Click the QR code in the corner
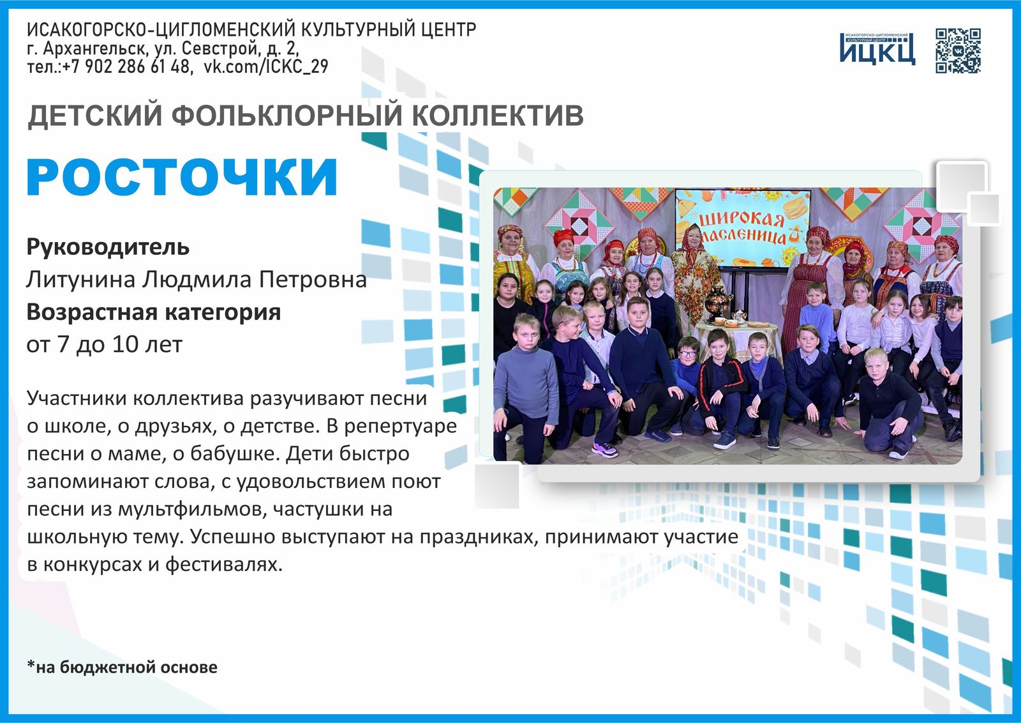[958, 50]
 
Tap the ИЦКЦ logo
[877, 49]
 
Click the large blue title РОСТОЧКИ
[182, 177]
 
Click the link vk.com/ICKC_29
[265, 66]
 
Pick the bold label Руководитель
[108, 247]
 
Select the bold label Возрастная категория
[153, 312]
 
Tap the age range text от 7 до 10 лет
[104, 344]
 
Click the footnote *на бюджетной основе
[122, 667]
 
